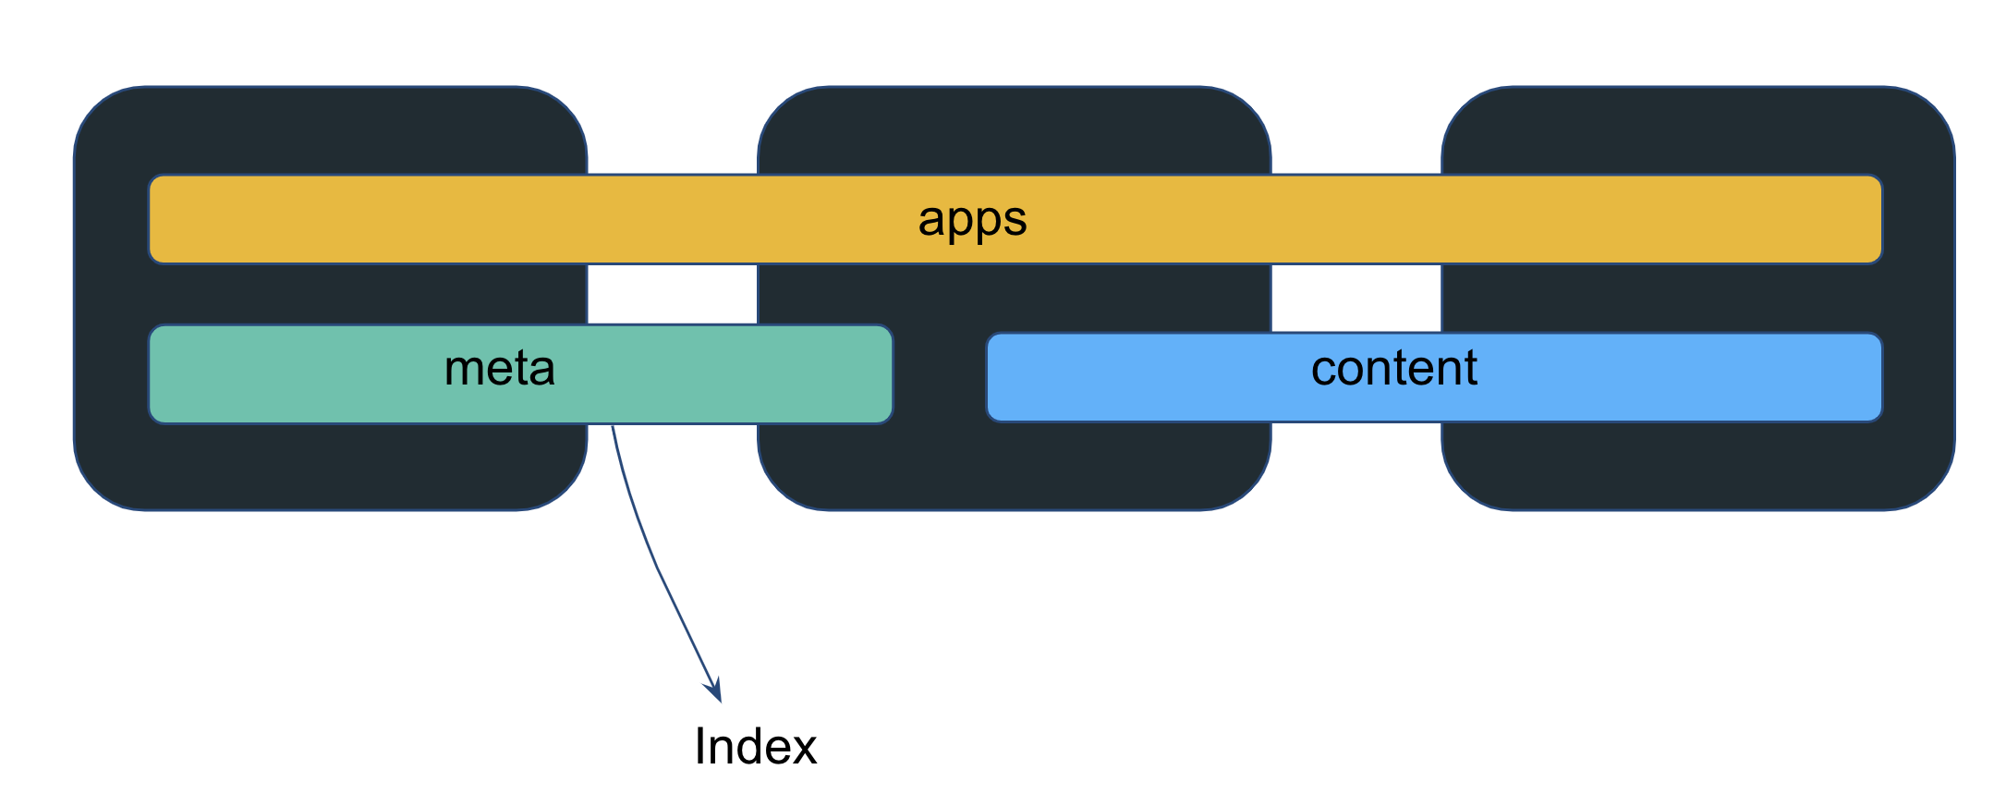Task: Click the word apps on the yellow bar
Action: point(972,220)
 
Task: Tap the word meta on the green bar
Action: point(499,369)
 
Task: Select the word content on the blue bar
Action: point(1393,369)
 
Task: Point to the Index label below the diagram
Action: point(755,747)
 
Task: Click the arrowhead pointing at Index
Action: point(714,690)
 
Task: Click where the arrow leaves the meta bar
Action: point(613,426)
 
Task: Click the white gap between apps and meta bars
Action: point(672,294)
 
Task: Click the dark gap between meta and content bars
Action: point(940,374)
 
